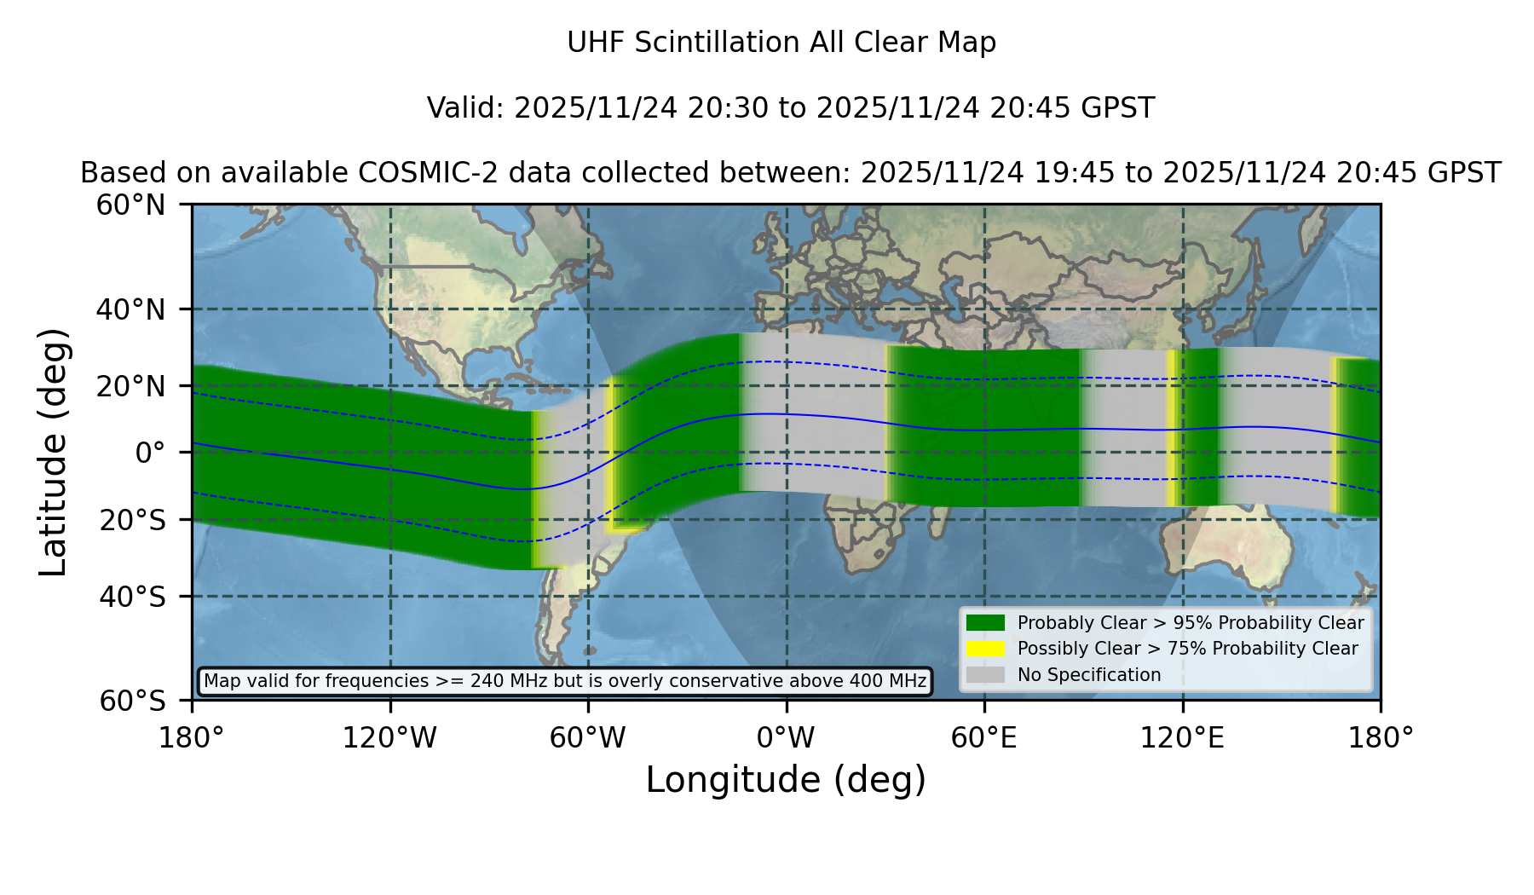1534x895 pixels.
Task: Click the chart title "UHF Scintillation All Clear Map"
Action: (781, 43)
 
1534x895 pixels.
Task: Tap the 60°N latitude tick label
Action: (130, 205)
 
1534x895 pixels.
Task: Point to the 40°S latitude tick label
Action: (133, 597)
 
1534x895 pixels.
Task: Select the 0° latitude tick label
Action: (150, 453)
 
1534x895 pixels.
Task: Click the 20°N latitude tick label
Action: (130, 386)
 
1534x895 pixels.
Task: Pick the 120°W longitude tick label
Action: (389, 737)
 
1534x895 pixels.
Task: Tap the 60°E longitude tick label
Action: (984, 737)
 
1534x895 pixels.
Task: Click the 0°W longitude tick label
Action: (786, 737)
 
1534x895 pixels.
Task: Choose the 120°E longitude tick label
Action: (1182, 737)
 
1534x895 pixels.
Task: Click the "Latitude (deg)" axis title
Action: (53, 452)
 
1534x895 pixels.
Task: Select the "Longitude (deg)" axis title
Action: (786, 780)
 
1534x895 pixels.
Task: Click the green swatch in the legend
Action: (985, 623)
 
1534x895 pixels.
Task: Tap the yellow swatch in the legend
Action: (985, 649)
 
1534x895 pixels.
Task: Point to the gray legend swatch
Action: (985, 675)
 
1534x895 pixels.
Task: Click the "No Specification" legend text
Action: (1089, 675)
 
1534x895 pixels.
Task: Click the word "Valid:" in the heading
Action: (466, 108)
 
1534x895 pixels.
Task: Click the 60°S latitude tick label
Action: (133, 701)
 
